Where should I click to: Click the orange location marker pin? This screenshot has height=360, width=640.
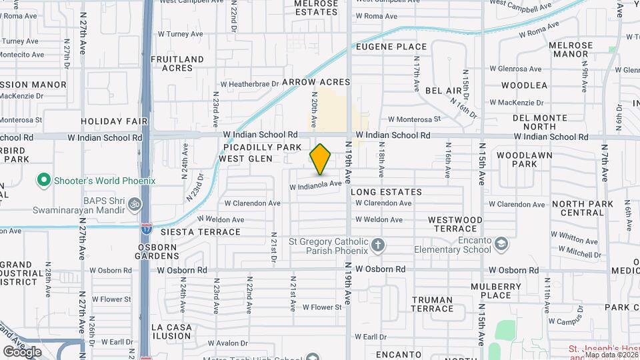coord(321,159)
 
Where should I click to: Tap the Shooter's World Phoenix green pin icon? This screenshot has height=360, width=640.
coord(44,180)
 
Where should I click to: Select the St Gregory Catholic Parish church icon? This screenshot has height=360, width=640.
coord(378,245)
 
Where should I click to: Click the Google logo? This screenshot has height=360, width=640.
coord(22,351)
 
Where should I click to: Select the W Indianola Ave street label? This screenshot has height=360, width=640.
coord(315,185)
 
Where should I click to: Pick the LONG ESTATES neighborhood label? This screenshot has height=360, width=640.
coord(386,192)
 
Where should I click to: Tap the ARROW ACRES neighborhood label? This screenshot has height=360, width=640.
coord(316,82)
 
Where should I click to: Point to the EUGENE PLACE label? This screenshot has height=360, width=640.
coord(391,47)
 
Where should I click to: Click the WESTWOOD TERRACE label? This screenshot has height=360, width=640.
coord(455,223)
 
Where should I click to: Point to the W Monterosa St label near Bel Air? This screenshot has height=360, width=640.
coord(414,119)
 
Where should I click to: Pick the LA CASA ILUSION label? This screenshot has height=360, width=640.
coord(171,331)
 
